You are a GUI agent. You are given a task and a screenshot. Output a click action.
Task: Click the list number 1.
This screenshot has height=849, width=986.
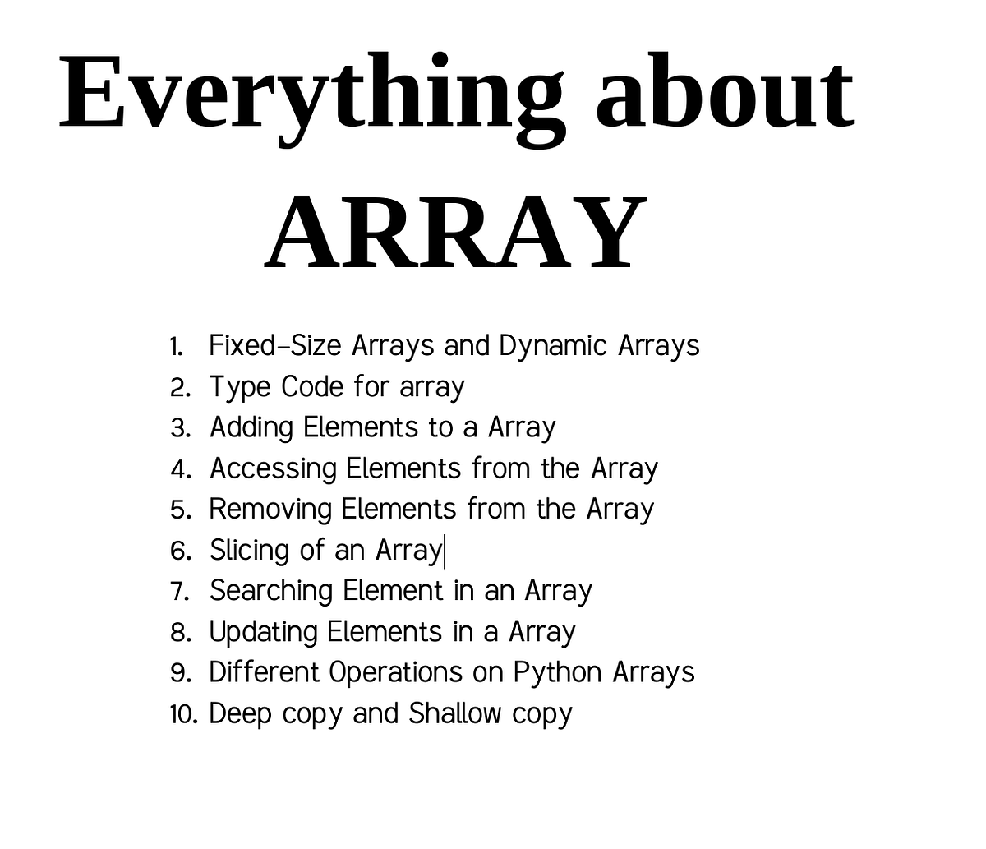175,347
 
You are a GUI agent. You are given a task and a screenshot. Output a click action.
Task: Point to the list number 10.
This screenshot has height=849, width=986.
183,714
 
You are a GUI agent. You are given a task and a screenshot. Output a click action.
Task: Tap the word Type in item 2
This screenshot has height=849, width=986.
239,387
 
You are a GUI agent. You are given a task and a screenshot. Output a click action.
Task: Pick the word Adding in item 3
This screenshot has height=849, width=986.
251,428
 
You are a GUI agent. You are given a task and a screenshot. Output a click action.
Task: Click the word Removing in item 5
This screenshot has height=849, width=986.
270,510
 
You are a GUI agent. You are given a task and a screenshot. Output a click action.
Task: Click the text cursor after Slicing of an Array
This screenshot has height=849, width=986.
445,551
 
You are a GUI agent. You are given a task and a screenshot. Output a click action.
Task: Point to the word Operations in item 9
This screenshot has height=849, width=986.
395,673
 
